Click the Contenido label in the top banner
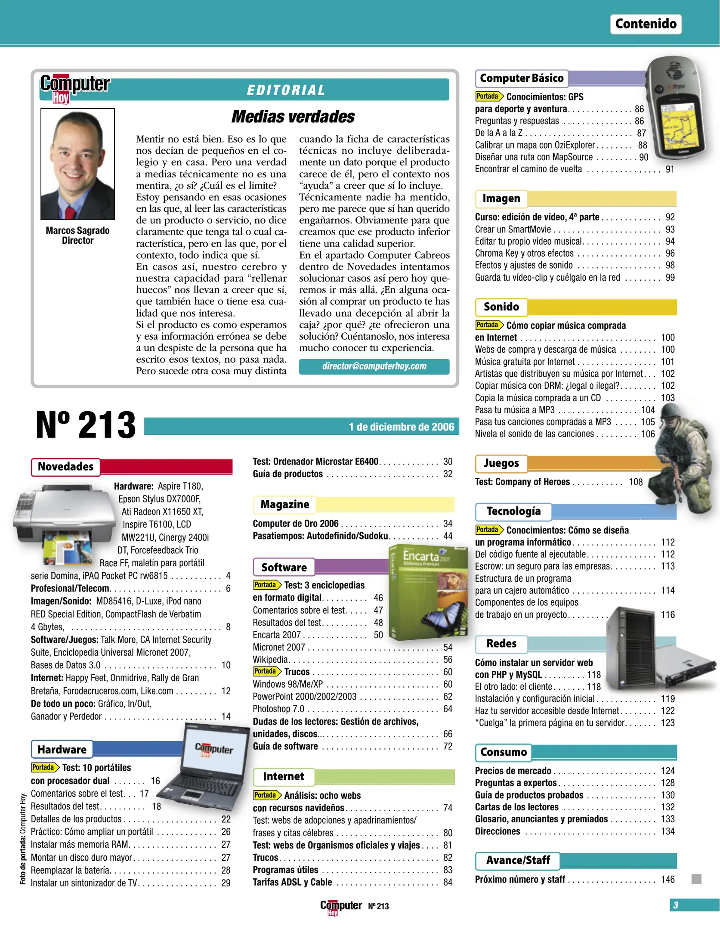(x=645, y=24)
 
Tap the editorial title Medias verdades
(x=293, y=117)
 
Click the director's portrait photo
(x=77, y=164)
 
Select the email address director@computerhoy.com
(x=374, y=366)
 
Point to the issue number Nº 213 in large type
(x=86, y=425)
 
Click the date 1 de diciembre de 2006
(x=401, y=427)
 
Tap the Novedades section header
(x=65, y=467)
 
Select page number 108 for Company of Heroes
(x=635, y=482)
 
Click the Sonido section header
(x=501, y=307)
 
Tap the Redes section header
(x=501, y=644)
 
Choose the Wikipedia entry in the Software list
(x=270, y=660)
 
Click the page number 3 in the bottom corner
(x=676, y=905)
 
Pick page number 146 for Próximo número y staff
(x=667, y=879)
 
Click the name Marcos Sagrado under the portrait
(x=77, y=231)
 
